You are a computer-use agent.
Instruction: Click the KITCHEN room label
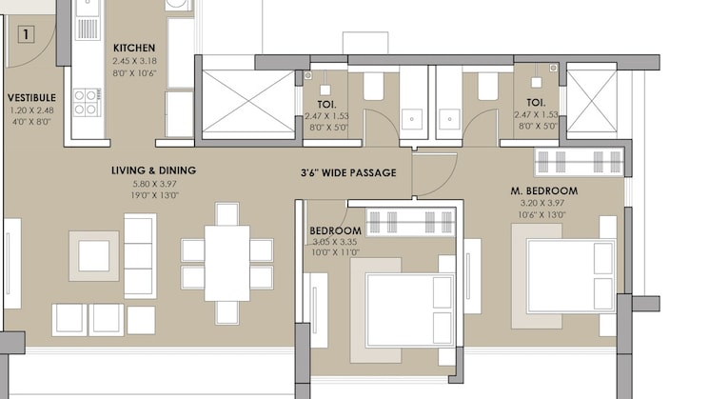pyautogui.click(x=134, y=48)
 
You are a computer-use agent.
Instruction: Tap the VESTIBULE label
pyautogui.click(x=31, y=98)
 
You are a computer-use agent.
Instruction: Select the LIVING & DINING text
pyautogui.click(x=153, y=170)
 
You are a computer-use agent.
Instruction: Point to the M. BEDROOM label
pyautogui.click(x=544, y=190)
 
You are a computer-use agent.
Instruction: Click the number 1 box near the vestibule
pyautogui.click(x=26, y=35)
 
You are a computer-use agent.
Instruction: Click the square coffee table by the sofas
pyautogui.click(x=93, y=255)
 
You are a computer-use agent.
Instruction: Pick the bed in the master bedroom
pyautogui.click(x=568, y=275)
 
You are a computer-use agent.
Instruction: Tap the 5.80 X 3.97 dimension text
pyautogui.click(x=153, y=183)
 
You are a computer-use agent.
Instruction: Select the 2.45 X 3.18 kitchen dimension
pyautogui.click(x=134, y=60)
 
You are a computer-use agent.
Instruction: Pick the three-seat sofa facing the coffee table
pyautogui.click(x=140, y=255)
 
